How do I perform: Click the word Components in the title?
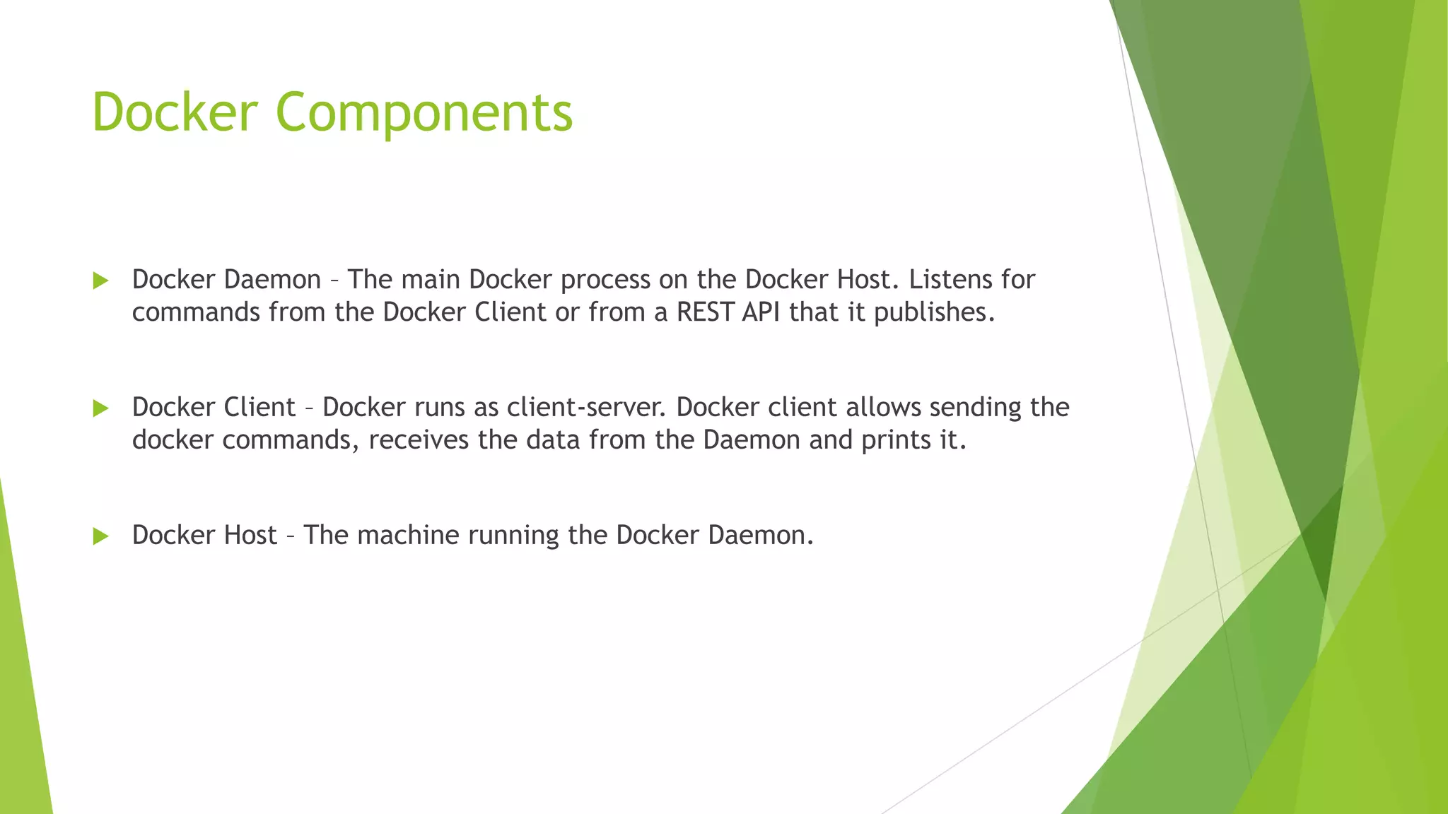coord(424,113)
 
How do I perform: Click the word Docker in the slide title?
coord(175,113)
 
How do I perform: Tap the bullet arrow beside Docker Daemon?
coord(100,281)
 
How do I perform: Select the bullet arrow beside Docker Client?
coord(100,408)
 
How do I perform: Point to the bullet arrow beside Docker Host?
coord(100,536)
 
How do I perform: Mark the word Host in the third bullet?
coord(250,536)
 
